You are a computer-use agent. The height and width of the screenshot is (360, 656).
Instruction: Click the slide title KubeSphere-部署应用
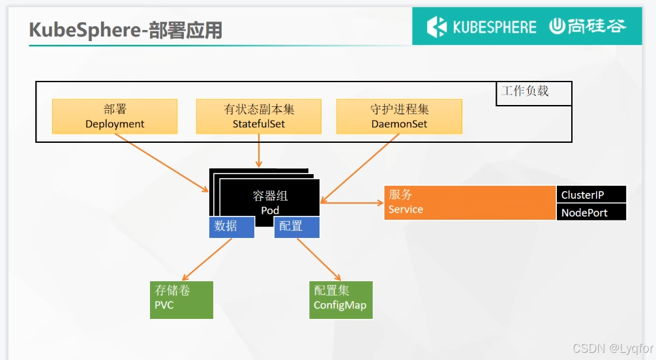pyautogui.click(x=126, y=30)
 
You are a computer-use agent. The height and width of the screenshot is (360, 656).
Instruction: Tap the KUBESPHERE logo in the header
pyautogui.click(x=481, y=27)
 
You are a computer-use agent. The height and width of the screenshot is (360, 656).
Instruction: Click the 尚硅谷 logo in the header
pyautogui.click(x=587, y=26)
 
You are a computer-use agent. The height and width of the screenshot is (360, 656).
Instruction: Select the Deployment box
pyautogui.click(x=115, y=116)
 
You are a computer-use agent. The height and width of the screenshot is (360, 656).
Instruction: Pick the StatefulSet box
pyautogui.click(x=259, y=116)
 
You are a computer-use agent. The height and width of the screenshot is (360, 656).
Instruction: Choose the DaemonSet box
pyautogui.click(x=399, y=116)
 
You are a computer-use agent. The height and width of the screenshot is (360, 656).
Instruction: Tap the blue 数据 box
pyautogui.click(x=231, y=227)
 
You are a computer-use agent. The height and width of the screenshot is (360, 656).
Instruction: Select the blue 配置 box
pyautogui.click(x=297, y=227)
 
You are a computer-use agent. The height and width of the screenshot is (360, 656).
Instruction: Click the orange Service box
pyautogui.click(x=470, y=202)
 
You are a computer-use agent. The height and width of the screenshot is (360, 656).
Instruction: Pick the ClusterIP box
pyautogui.click(x=591, y=194)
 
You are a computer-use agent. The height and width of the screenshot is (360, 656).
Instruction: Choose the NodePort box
pyautogui.click(x=591, y=212)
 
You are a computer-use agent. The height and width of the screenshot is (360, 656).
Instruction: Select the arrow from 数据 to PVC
pyautogui.click(x=207, y=260)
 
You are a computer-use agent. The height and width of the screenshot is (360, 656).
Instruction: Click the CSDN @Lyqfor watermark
pyautogui.click(x=612, y=348)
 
